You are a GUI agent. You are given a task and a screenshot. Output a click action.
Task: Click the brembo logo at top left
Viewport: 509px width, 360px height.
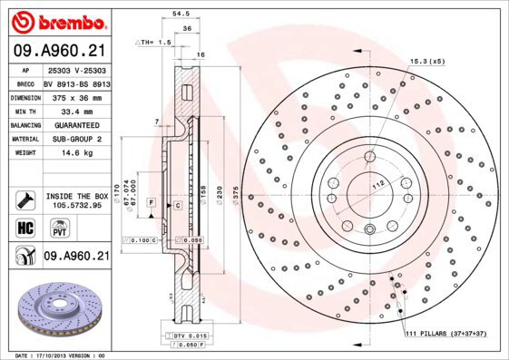point(56,20)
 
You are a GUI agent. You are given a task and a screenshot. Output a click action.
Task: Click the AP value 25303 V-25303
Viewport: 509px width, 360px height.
point(76,70)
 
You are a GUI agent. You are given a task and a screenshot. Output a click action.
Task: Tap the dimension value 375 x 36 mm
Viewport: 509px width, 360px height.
point(76,95)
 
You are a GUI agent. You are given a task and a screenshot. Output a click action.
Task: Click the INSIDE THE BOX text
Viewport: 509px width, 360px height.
point(76,196)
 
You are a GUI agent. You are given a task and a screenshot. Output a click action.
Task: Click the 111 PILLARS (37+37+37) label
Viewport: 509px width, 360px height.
point(446,335)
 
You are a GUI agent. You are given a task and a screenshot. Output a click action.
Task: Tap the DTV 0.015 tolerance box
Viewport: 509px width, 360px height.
point(184,336)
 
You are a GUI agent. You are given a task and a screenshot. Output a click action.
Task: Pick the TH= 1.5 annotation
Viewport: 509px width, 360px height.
point(155,42)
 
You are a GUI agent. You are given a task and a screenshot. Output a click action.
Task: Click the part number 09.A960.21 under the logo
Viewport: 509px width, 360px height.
point(56,52)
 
